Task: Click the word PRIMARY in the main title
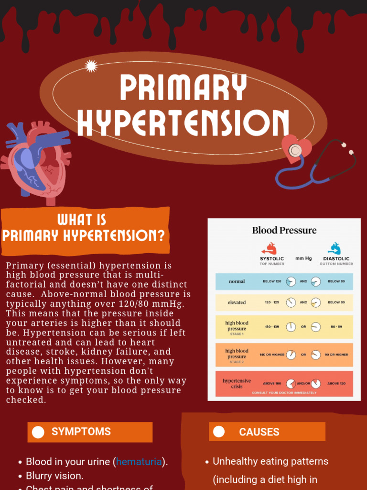coord(183,88)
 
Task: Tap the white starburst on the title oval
coord(91,66)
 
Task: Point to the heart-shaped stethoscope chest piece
coord(296,149)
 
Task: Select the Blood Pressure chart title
coord(284,230)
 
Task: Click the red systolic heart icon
coord(269,249)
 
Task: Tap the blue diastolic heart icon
coord(335,249)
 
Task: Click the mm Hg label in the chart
coord(303,258)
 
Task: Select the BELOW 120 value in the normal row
coord(272,281)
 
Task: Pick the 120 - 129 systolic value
coord(272,302)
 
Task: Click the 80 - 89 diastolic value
coord(336,327)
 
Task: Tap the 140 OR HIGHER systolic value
coord(272,355)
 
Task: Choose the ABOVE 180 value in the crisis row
coord(272,383)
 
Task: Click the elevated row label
coord(237,302)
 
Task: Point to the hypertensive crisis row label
coord(237,383)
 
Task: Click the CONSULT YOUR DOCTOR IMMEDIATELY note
coord(284,393)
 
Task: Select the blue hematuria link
coord(139,462)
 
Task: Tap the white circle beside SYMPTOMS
coord(38,432)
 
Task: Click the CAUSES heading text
coord(259,432)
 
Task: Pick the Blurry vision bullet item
coord(54,476)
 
